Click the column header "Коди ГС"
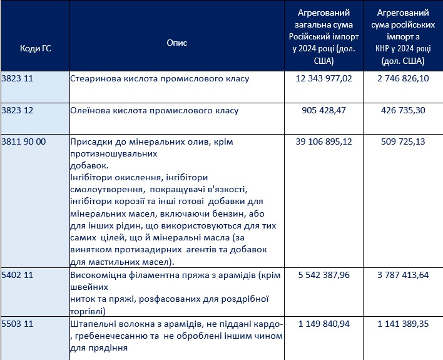click(x=35, y=49)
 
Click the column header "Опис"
click(x=176, y=43)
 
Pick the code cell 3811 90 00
click(x=25, y=141)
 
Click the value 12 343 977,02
click(x=323, y=79)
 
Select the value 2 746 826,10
click(x=403, y=79)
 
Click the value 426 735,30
click(x=403, y=110)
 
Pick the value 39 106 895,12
click(x=323, y=141)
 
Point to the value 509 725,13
click(x=403, y=141)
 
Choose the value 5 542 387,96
click(x=323, y=275)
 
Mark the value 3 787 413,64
click(x=403, y=275)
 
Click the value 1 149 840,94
click(x=323, y=324)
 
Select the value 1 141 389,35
click(x=403, y=324)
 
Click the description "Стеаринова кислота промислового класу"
click(x=160, y=79)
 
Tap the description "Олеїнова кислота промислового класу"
click(x=155, y=110)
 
